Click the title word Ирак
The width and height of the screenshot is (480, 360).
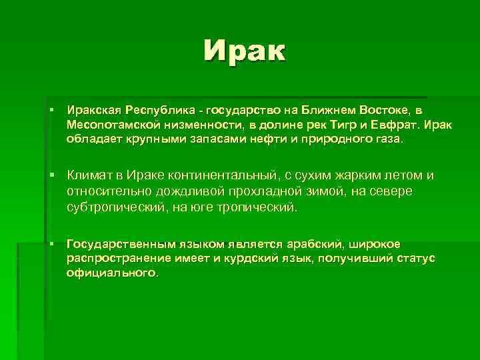[x=244, y=50]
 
